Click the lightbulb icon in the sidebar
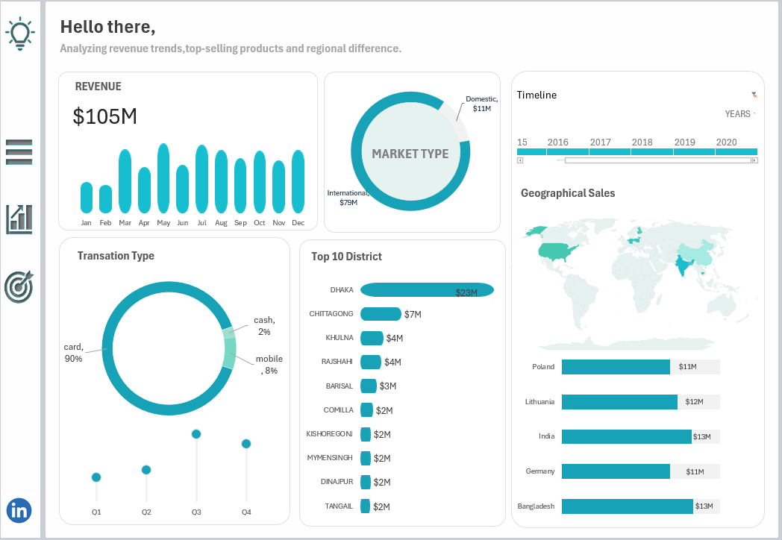(20, 34)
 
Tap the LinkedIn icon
(19, 510)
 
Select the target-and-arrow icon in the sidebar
(19, 286)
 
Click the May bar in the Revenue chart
(163, 178)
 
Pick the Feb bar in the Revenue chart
(105, 199)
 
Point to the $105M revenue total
(105, 116)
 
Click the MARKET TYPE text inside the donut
(410, 154)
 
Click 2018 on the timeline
(642, 142)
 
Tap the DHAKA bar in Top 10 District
(427, 290)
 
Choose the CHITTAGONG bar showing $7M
(381, 314)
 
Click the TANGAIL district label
(339, 506)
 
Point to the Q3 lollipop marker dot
(196, 434)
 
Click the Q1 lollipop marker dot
(96, 477)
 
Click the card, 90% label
(73, 352)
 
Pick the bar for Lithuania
(619, 402)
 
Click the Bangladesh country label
(536, 506)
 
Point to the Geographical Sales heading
(568, 193)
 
